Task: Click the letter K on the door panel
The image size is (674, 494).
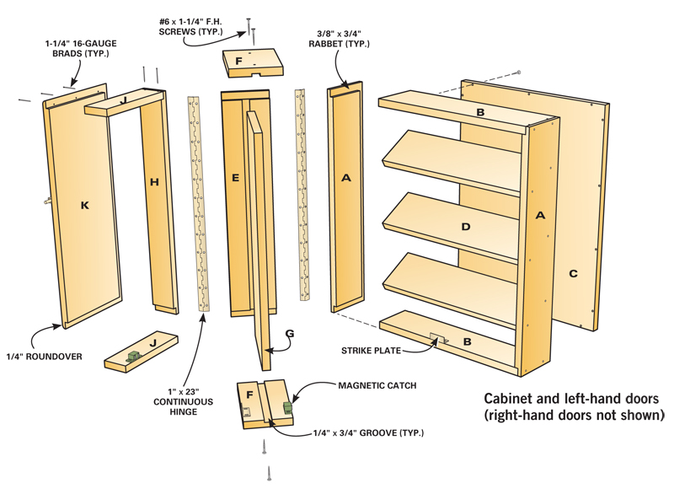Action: pyautogui.click(x=85, y=205)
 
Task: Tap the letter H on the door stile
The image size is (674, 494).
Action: pyautogui.click(x=153, y=180)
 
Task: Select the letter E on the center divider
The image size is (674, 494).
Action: pyautogui.click(x=235, y=178)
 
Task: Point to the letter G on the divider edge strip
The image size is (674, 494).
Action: pyautogui.click(x=289, y=334)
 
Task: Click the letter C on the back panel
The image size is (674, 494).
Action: pyautogui.click(x=573, y=272)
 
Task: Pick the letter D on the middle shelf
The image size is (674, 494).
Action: pyautogui.click(x=465, y=226)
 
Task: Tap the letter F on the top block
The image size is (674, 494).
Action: pyautogui.click(x=238, y=62)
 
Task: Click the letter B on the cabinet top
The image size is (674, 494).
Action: pyautogui.click(x=480, y=112)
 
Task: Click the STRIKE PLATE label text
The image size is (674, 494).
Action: pyautogui.click(x=371, y=348)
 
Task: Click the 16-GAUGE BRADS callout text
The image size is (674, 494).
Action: pyautogui.click(x=84, y=47)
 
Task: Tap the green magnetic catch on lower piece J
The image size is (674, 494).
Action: pyautogui.click(x=132, y=357)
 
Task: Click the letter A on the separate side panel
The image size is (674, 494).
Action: pyautogui.click(x=345, y=178)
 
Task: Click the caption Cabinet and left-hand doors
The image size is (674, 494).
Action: pyautogui.click(x=574, y=406)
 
